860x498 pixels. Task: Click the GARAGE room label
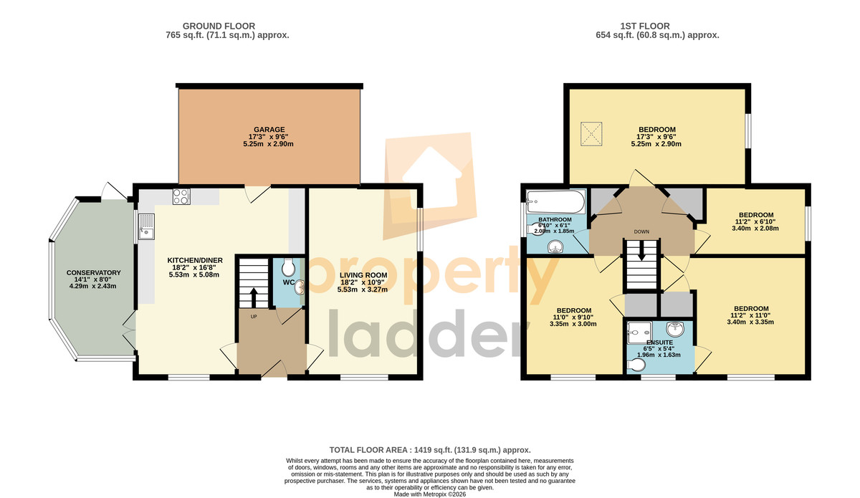point(269,130)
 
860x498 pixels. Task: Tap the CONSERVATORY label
point(93,272)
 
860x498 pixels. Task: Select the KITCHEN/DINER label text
point(195,260)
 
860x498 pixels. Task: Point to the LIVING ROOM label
point(363,275)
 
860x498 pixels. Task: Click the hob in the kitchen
point(181,196)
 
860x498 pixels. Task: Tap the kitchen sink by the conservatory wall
point(146,226)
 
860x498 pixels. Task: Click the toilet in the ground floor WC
point(288,267)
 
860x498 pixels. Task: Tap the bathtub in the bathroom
point(555,202)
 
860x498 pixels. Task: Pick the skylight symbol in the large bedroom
point(591,134)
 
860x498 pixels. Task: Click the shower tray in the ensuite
point(639,332)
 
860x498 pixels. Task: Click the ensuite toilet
point(636,365)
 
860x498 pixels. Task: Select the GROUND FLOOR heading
point(219,26)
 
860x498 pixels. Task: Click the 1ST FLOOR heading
point(645,26)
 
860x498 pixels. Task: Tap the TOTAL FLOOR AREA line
point(430,450)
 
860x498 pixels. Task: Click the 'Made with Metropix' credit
point(430,494)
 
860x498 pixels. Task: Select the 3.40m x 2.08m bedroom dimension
point(755,229)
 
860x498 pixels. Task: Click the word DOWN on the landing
point(641,232)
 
